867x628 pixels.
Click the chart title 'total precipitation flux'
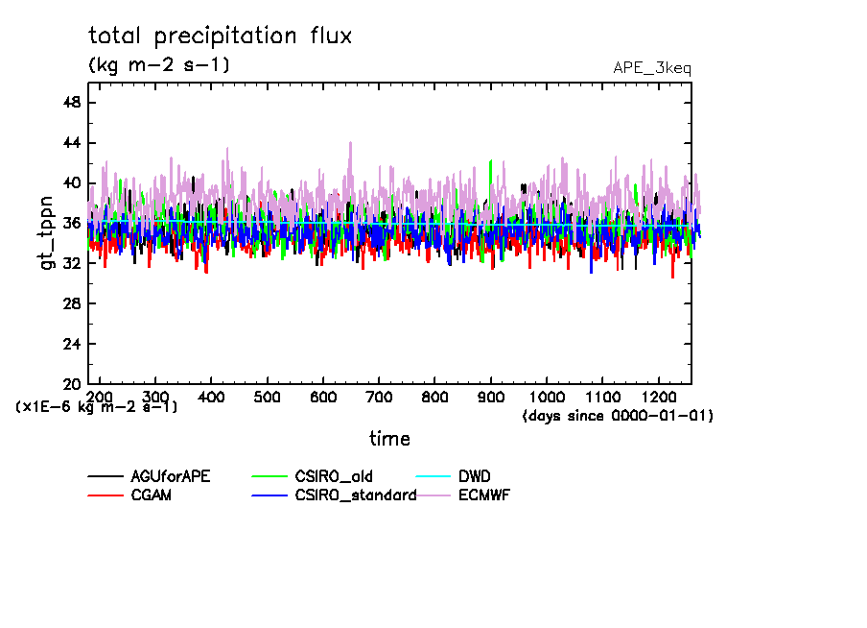(221, 36)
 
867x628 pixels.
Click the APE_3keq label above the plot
(651, 68)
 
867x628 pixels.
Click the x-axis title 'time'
(389, 439)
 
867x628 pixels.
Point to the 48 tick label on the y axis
(71, 103)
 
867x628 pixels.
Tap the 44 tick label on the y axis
(71, 143)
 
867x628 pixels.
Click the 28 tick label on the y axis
(71, 303)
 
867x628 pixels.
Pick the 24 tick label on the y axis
(71, 344)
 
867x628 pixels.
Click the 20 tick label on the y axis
(71, 384)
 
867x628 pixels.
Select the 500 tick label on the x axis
(268, 398)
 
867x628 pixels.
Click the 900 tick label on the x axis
(491, 398)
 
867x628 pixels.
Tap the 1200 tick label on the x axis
(658, 398)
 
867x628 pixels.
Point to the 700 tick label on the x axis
(379, 398)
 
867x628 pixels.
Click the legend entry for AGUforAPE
(172, 476)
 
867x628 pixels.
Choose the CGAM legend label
(151, 495)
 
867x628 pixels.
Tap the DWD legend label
(475, 476)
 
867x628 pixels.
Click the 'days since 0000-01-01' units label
(619, 417)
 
